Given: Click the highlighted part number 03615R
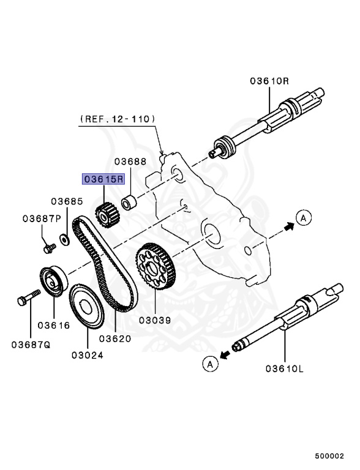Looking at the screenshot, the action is click(x=103, y=179).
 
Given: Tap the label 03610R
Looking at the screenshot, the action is click(x=269, y=81).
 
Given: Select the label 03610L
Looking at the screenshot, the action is click(x=285, y=368).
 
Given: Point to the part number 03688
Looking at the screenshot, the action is click(x=130, y=162).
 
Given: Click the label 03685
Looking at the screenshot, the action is click(x=67, y=201).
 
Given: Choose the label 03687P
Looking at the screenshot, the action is click(x=42, y=218).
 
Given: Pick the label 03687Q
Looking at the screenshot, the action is click(x=31, y=345).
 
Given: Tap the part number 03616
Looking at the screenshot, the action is click(x=54, y=325).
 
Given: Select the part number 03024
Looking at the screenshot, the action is click(x=88, y=355).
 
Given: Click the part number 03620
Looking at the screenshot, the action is click(x=115, y=338).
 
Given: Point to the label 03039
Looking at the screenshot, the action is click(x=155, y=320).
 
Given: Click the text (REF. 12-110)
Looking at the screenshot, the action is click(x=118, y=119).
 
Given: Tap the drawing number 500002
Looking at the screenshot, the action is click(x=329, y=456).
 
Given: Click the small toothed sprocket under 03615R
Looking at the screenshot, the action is click(x=107, y=215).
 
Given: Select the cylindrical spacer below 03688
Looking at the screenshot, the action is click(x=129, y=203).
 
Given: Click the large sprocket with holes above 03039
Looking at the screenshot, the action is click(x=155, y=266).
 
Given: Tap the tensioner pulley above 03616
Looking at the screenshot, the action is click(x=54, y=281).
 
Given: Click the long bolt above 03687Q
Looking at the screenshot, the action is click(x=29, y=297).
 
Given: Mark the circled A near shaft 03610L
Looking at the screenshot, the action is click(x=210, y=364).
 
